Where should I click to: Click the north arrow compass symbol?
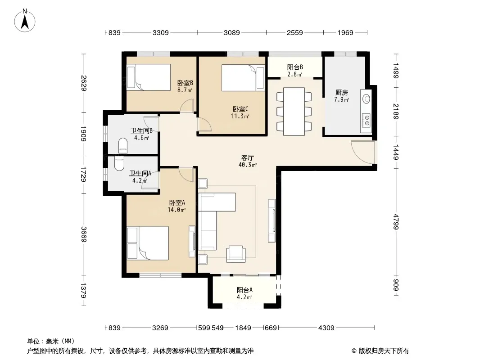(x=25, y=21)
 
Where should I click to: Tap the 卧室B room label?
(x=185, y=83)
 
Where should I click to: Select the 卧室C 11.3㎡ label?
(x=240, y=112)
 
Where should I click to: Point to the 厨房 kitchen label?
(x=342, y=92)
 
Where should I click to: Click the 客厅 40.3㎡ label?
(x=247, y=161)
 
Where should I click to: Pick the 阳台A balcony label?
(x=245, y=290)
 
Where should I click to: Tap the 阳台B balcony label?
(x=295, y=67)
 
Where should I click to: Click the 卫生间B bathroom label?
(x=141, y=130)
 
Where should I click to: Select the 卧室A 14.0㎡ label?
(x=177, y=206)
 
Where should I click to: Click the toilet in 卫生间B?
(x=123, y=146)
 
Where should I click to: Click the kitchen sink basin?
(x=366, y=99)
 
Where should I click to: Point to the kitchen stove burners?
(x=366, y=120)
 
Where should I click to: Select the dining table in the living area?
(x=294, y=111)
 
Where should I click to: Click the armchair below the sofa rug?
(x=235, y=254)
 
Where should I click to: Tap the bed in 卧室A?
(x=148, y=243)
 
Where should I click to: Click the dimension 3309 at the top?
(x=160, y=32)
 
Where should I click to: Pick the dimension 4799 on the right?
(x=396, y=222)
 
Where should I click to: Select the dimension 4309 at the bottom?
(x=326, y=328)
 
